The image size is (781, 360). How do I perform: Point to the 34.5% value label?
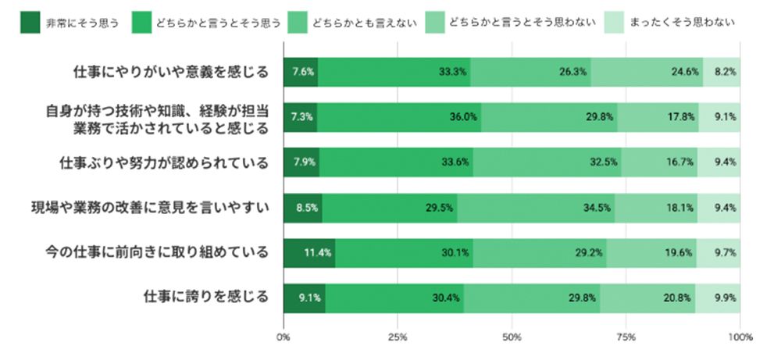pos(598,208)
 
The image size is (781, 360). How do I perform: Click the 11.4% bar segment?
pos(309,252)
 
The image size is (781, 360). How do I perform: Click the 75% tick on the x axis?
pos(626,337)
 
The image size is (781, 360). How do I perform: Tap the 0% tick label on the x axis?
pos(284,337)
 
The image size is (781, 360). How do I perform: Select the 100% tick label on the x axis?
pos(739,337)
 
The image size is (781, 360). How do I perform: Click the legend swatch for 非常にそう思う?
pos(29,21)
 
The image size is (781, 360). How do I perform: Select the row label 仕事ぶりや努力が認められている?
pos(164,162)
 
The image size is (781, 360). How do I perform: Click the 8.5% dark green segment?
pos(302,208)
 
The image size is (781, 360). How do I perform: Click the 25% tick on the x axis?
pos(398,337)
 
